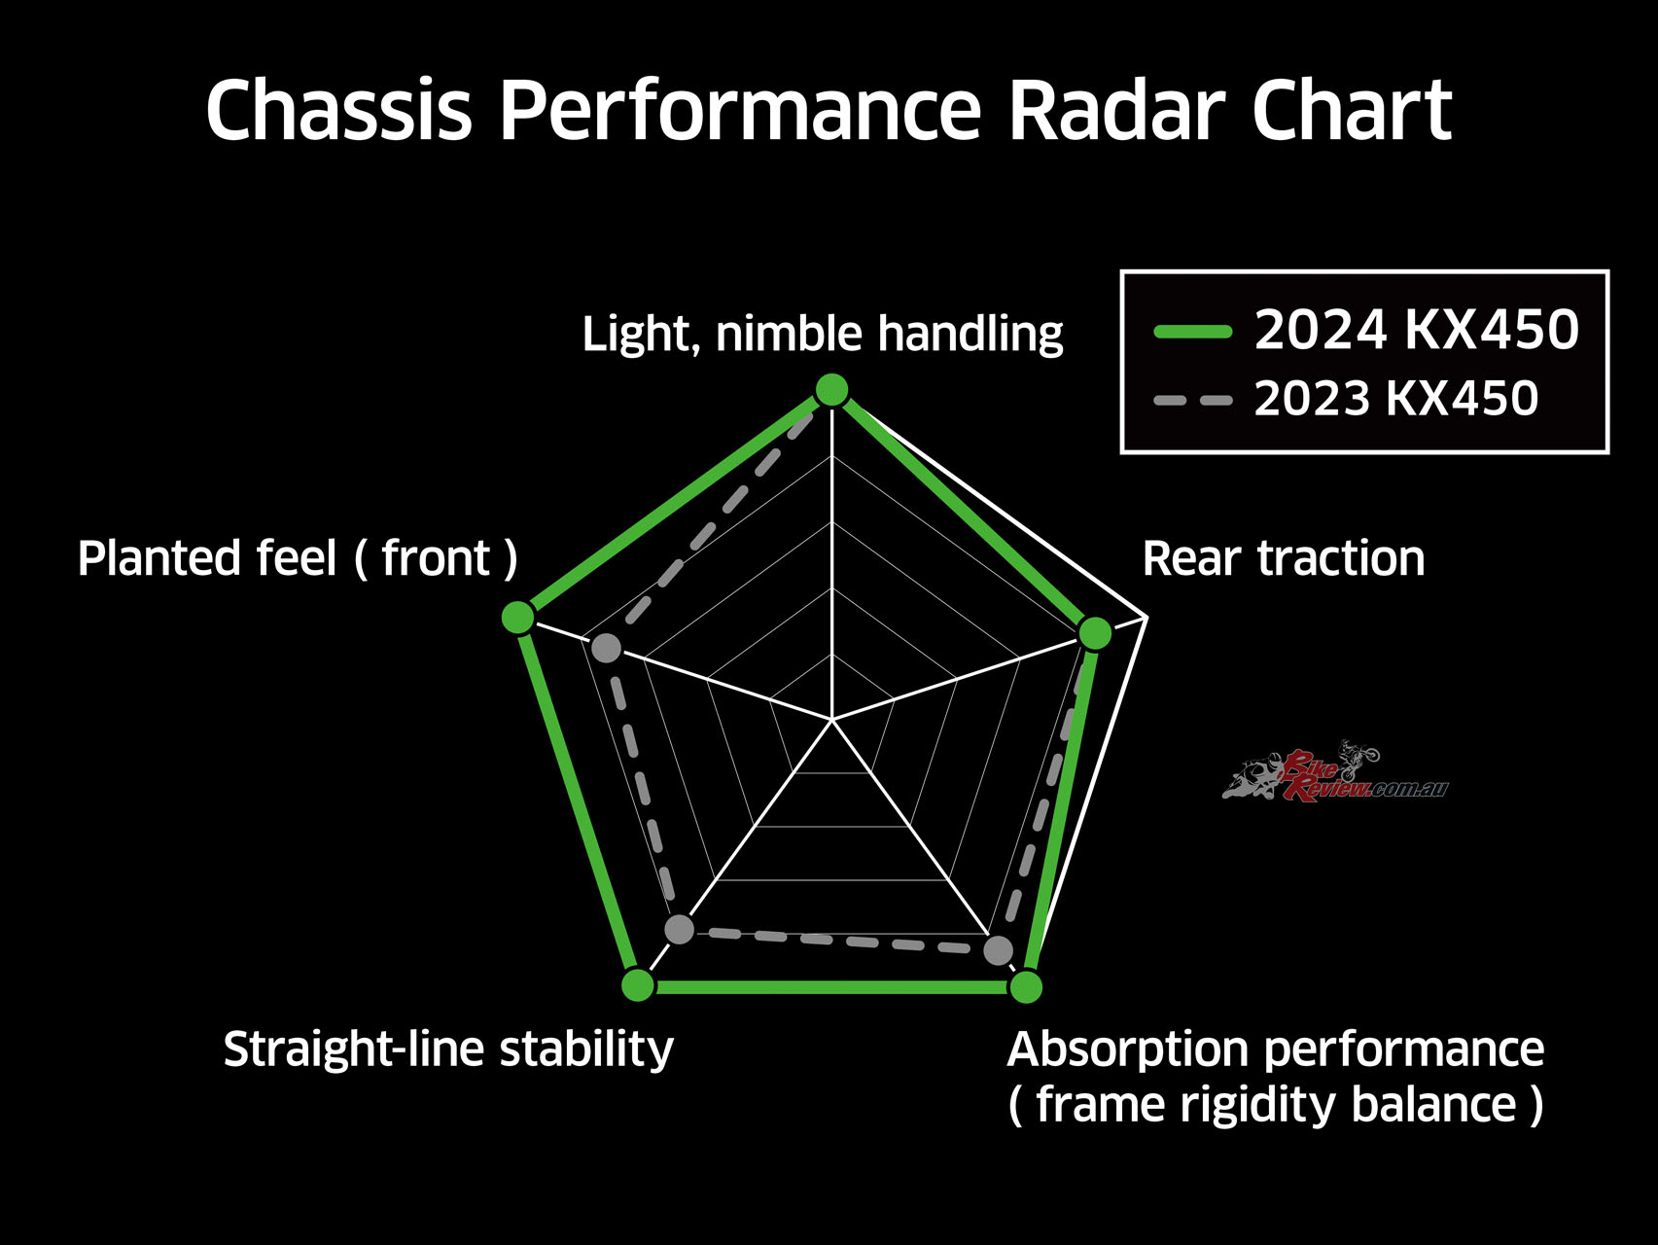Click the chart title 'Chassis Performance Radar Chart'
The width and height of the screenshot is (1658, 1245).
pos(829,110)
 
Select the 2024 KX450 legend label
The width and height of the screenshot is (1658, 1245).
pos(1416,330)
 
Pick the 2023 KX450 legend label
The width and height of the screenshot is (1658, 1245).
pos(1396,399)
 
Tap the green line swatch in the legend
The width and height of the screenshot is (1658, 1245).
pos(1193,332)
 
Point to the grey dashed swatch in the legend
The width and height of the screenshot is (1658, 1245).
pos(1193,400)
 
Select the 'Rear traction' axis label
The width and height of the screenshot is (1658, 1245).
pos(1284,559)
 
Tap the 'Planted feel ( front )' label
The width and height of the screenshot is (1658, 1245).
pos(298,559)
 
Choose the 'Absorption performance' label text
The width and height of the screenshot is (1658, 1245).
pos(1276,1049)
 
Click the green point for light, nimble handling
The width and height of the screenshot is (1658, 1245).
pos(831,390)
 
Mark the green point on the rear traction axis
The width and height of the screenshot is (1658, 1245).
pos(1096,633)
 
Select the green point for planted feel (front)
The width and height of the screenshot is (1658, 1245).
pos(518,617)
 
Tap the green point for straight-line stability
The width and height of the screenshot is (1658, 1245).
pos(638,985)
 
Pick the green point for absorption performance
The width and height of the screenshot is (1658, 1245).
pos(1026,986)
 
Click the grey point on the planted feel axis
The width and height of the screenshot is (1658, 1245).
pos(606,648)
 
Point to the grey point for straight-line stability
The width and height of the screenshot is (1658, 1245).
pos(680,929)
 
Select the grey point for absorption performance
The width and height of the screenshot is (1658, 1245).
pos(998,950)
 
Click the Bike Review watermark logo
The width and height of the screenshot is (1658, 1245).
pos(1335,770)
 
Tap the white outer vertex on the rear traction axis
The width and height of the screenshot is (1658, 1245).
pos(1147,617)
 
